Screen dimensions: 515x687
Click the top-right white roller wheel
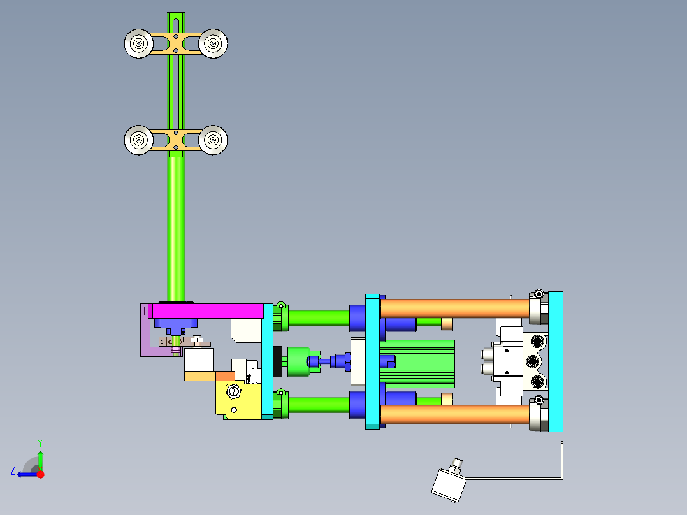click(x=213, y=43)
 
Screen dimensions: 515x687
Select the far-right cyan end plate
click(x=556, y=361)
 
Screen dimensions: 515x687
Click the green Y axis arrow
click(x=40, y=458)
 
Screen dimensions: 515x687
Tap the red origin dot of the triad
click(x=41, y=474)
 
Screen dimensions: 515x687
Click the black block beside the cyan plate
click(x=277, y=362)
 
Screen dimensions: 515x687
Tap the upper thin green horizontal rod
click(x=319, y=317)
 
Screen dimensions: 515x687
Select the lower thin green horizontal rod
click(x=319, y=404)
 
